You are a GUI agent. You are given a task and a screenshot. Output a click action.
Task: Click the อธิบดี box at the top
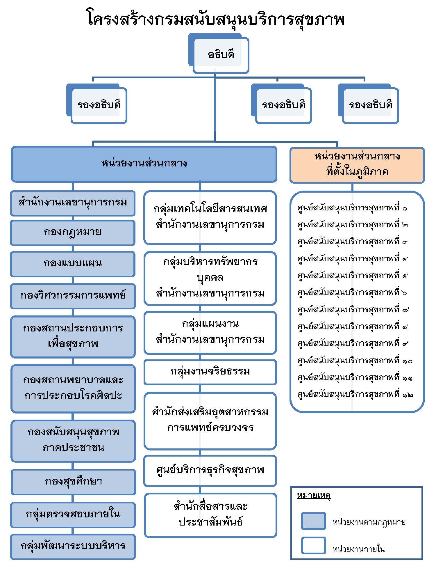click(x=221, y=54)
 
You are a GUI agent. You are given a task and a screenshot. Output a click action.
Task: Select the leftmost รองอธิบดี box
click(x=99, y=105)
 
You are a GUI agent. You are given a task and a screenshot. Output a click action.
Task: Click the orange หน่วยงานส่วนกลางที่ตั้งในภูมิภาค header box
click(x=357, y=165)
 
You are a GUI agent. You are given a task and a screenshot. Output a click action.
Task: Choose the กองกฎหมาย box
click(x=73, y=233)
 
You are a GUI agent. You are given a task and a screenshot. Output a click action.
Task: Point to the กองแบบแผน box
click(x=73, y=264)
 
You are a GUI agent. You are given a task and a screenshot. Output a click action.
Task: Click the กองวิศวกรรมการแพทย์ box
click(x=73, y=296)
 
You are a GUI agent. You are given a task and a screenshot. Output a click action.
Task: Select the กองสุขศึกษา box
click(x=73, y=481)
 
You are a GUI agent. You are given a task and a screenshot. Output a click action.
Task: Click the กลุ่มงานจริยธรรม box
click(x=210, y=372)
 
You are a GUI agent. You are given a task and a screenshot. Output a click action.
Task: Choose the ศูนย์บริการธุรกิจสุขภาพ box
click(x=210, y=470)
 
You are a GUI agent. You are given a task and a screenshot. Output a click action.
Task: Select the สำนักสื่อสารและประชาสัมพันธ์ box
click(x=210, y=514)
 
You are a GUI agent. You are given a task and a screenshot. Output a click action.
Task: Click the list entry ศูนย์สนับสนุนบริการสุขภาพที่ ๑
click(x=352, y=208)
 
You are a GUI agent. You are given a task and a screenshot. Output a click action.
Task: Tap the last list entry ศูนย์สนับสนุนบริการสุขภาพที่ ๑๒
click(x=355, y=395)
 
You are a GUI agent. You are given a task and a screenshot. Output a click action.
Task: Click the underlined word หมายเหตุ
click(x=314, y=495)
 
